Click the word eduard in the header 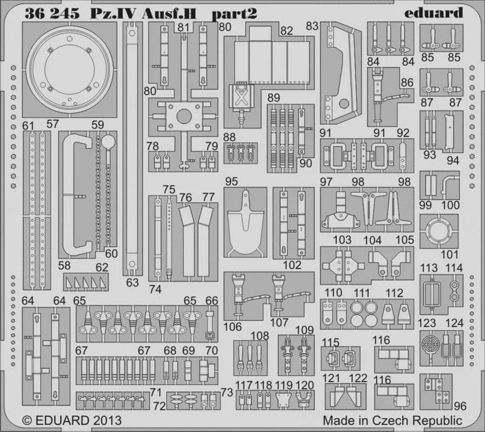tap(434, 13)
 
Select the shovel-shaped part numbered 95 tap(246, 222)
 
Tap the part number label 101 tap(449, 255)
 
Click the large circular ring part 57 tap(70, 69)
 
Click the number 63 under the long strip tap(132, 283)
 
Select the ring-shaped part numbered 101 tap(439, 231)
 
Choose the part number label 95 tap(231, 181)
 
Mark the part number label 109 tap(305, 330)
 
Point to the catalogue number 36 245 tap(52, 13)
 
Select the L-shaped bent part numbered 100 tap(449, 185)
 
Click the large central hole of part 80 tap(184, 117)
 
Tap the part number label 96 tap(460, 406)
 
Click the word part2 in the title tap(234, 14)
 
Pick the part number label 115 tap(331, 343)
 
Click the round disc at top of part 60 tap(108, 142)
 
